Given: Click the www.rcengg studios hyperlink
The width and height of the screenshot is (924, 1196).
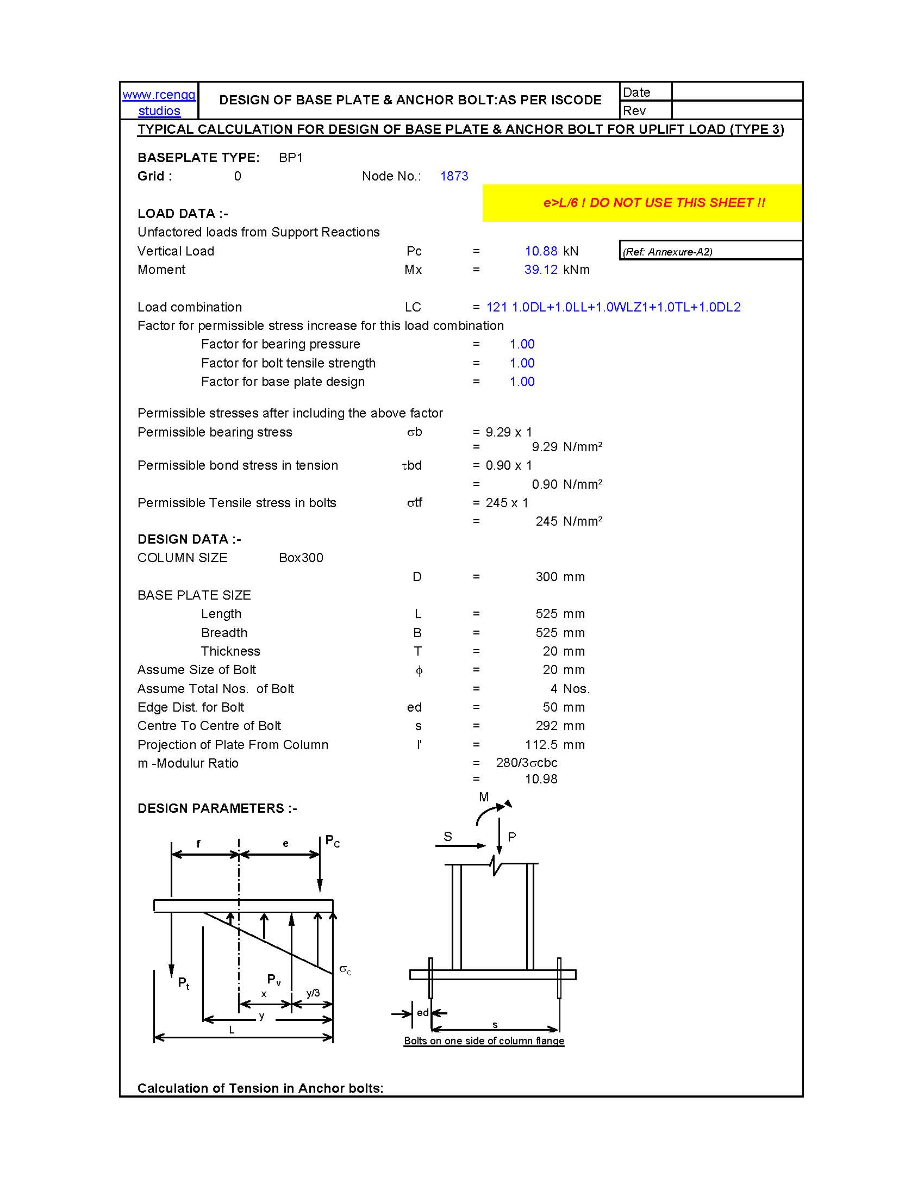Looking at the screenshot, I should pyautogui.click(x=159, y=102).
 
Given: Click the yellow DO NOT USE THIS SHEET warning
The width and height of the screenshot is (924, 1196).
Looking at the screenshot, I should pyautogui.click(x=653, y=203).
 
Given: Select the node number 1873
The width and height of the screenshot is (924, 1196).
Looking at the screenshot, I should pyautogui.click(x=454, y=176).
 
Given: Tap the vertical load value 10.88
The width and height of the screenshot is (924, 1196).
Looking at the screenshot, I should pyautogui.click(x=541, y=251).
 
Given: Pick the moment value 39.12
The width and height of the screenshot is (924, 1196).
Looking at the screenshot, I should pyautogui.click(x=541, y=270).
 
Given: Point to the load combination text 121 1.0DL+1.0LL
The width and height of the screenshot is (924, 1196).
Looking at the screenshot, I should pyautogui.click(x=613, y=307).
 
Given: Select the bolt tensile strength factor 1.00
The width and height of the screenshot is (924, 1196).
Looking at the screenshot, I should pyautogui.click(x=522, y=363).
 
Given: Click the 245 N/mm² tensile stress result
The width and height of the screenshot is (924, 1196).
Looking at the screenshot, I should pyautogui.click(x=568, y=521).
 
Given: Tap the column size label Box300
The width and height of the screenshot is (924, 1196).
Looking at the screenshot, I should pyautogui.click(x=301, y=558).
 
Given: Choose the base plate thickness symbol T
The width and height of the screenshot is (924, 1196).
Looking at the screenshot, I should pyautogui.click(x=417, y=651).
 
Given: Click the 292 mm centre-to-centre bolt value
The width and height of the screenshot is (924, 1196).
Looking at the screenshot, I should pyautogui.click(x=546, y=726).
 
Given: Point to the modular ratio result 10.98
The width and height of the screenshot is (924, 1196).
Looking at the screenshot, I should pyautogui.click(x=541, y=779).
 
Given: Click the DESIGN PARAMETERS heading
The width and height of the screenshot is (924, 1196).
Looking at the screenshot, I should pyautogui.click(x=217, y=808).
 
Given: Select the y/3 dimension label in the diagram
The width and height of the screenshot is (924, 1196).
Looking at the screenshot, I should pyautogui.click(x=313, y=993).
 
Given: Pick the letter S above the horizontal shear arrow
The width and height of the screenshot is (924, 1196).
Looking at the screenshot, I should pyautogui.click(x=448, y=836).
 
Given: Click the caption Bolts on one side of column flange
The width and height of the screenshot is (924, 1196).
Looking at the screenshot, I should pyautogui.click(x=484, y=1041).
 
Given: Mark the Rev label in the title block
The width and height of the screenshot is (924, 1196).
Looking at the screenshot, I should pyautogui.click(x=634, y=111).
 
